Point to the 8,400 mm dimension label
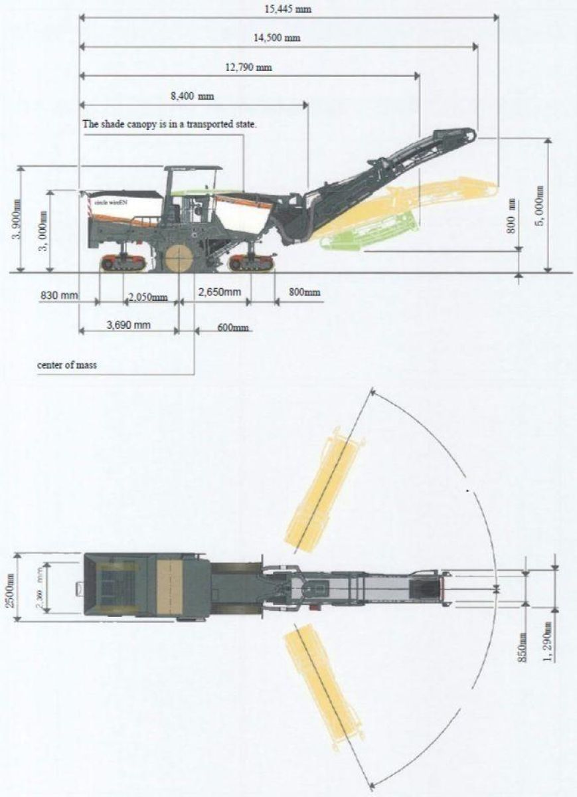[x=192, y=96]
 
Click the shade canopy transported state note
[x=169, y=124]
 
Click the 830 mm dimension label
[x=58, y=294]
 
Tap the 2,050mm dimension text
[x=147, y=296]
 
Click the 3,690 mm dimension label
[x=129, y=325]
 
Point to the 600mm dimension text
[x=232, y=327]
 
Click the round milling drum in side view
[x=176, y=258]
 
